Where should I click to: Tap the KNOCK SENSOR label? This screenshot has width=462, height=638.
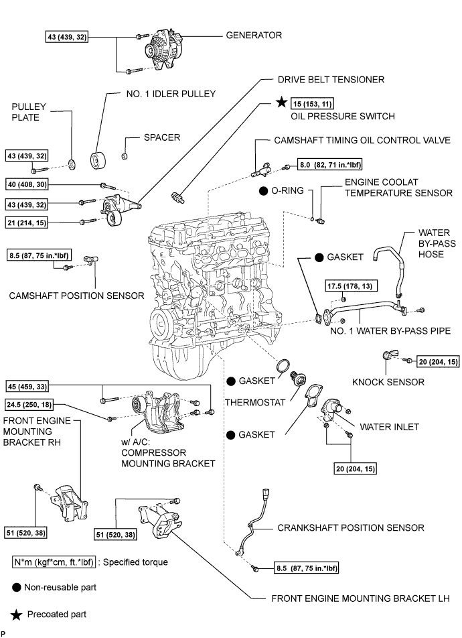click(x=388, y=382)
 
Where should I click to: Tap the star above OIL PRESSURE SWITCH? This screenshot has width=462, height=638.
click(x=282, y=103)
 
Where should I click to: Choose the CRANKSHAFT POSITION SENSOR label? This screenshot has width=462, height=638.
click(x=351, y=527)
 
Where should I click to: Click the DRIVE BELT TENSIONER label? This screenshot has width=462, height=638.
click(x=331, y=79)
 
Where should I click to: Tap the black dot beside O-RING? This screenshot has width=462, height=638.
click(x=264, y=190)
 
